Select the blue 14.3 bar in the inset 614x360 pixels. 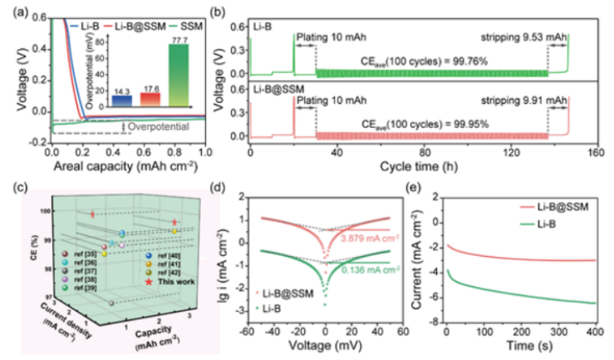point(121,101)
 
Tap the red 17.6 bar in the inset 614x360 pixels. point(150,99)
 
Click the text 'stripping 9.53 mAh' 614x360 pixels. point(524,37)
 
